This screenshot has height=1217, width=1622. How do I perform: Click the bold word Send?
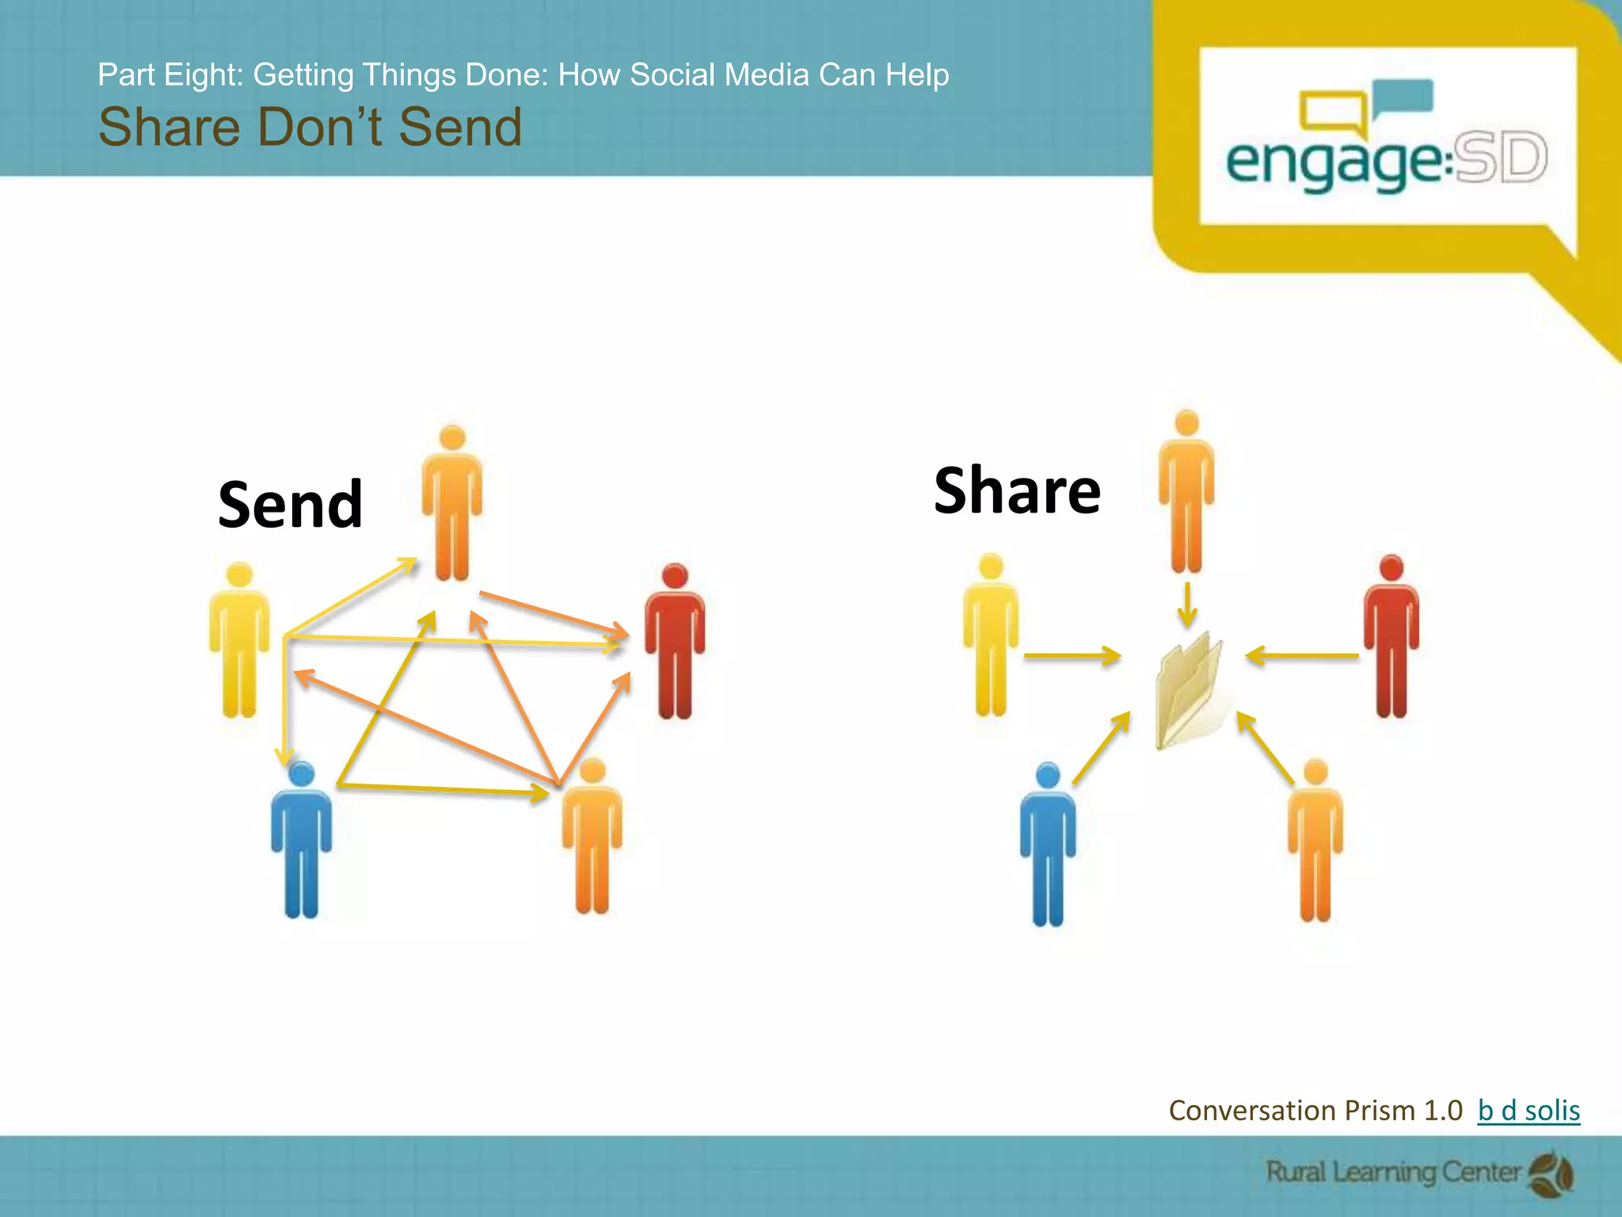[290, 505]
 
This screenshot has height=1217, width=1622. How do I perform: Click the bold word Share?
[1017, 491]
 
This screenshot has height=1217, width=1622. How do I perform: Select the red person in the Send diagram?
[674, 642]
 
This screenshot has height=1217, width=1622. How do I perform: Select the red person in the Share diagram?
[1391, 637]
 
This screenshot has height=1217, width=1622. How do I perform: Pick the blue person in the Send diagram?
[301, 840]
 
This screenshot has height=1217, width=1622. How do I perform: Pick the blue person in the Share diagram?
[1048, 845]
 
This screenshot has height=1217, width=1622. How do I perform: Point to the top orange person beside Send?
[452, 504]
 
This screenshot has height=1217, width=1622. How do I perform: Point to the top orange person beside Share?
[1186, 491]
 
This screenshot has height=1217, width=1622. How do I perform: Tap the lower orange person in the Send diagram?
[592, 837]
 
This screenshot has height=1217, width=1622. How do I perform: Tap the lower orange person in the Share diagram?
[1315, 840]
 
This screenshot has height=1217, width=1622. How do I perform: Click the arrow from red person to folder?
[1302, 656]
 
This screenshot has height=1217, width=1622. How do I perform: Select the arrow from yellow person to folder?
[1072, 656]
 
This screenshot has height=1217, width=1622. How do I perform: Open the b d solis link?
[1529, 1111]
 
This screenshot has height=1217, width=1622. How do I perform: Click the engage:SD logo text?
[1386, 162]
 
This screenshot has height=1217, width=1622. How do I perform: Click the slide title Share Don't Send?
[310, 127]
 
